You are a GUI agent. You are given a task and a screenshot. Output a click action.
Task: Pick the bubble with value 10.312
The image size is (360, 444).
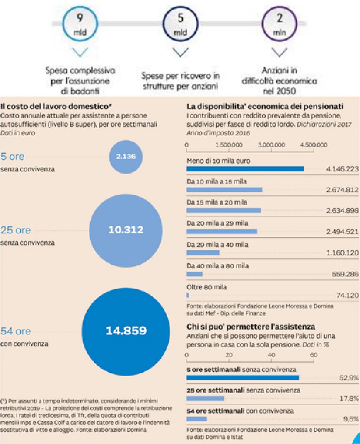click(126, 230)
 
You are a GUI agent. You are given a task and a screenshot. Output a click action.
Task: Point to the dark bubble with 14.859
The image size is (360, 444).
click(126, 330)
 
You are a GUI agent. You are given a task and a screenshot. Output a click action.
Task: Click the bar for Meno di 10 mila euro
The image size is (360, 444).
click(245, 169)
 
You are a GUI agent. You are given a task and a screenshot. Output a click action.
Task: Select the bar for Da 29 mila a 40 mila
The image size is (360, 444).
click(203, 253)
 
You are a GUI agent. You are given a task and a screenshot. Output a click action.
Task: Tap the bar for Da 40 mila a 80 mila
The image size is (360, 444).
click(194, 274)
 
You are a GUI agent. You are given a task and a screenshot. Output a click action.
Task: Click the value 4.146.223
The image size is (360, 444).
click(342, 169)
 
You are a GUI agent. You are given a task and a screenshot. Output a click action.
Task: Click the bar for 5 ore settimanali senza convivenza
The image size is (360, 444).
click(242, 377)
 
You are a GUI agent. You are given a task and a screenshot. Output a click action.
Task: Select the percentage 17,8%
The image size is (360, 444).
click(349, 398)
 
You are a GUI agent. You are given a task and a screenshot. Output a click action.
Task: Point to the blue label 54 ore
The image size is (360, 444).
click(16, 331)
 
